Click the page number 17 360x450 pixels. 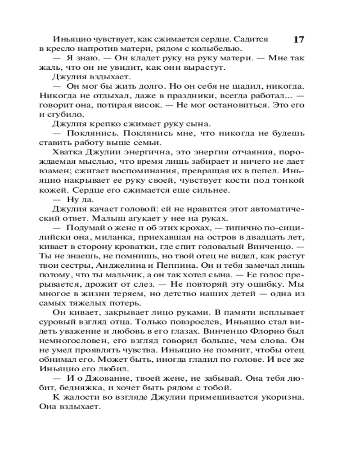tap(299, 40)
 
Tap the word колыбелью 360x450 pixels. tap(220, 49)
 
